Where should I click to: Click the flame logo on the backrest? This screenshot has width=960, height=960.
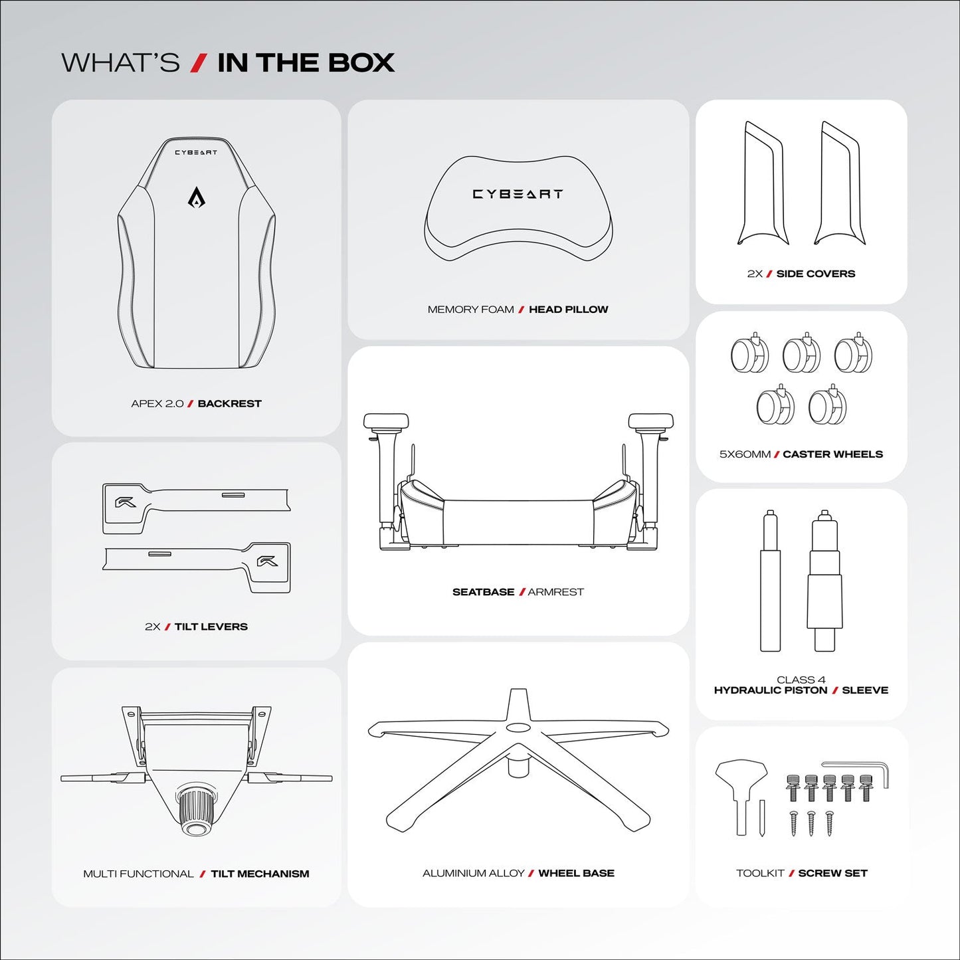196,197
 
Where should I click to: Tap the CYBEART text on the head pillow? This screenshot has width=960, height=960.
518,194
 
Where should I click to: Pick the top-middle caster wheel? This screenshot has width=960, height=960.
801,354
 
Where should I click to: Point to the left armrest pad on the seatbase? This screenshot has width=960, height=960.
386,421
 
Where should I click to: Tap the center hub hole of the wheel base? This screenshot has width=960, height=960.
518,727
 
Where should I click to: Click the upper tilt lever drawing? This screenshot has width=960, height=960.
196,506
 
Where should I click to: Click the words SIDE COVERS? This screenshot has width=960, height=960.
815,274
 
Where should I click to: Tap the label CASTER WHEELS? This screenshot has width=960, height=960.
832,454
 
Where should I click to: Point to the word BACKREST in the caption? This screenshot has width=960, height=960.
229,404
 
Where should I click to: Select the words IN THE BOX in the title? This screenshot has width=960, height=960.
306,63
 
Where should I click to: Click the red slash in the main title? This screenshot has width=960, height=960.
197,63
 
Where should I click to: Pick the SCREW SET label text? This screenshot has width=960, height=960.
832,874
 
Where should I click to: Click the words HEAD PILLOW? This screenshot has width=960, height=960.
568,310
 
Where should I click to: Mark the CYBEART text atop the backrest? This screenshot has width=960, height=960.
196,153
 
